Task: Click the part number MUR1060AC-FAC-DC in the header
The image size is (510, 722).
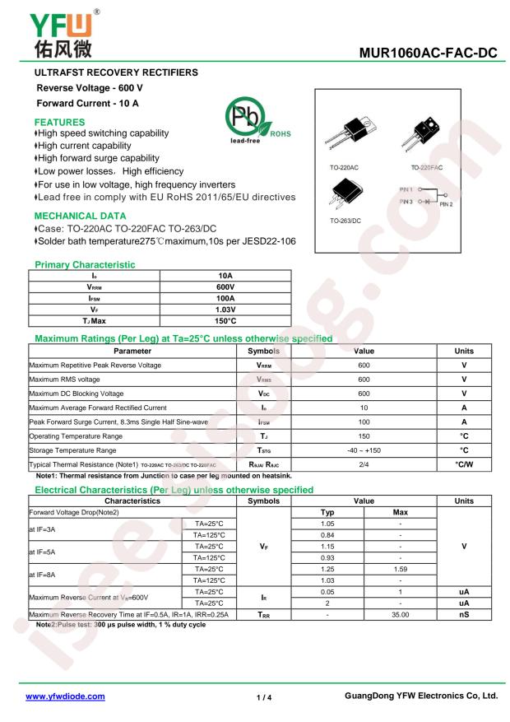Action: click(429, 54)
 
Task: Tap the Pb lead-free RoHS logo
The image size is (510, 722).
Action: click(250, 125)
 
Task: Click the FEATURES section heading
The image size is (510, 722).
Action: click(56, 120)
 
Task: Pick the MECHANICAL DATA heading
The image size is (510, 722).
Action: click(75, 217)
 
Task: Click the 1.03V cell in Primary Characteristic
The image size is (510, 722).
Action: click(225, 309)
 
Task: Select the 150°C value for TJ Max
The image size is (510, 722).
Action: click(225, 320)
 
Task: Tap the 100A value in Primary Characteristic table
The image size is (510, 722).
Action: click(225, 297)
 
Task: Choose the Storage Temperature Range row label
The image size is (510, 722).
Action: click(74, 450)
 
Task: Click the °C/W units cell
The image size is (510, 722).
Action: click(464, 463)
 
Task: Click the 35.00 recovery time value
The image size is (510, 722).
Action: click(401, 614)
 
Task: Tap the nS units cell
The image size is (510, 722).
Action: click(464, 614)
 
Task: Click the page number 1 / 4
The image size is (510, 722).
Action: click(264, 696)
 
